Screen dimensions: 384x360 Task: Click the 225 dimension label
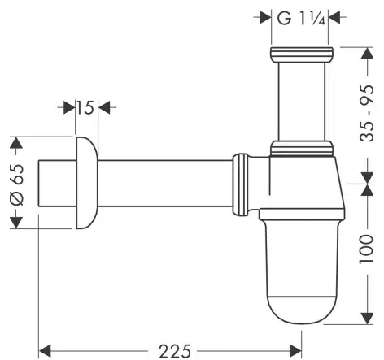click(x=175, y=351)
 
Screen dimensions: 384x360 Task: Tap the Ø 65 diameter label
click(x=16, y=185)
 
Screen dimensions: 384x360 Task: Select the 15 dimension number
click(x=85, y=108)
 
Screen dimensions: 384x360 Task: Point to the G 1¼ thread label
click(x=301, y=19)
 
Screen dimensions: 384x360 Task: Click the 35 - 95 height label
click(x=367, y=113)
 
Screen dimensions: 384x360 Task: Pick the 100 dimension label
click(x=366, y=249)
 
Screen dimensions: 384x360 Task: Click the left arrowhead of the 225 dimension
click(x=45, y=351)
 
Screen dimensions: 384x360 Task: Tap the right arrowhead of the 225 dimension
click(x=295, y=351)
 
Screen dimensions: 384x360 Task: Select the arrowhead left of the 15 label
click(x=69, y=107)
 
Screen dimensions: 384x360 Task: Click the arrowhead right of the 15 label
click(x=104, y=107)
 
